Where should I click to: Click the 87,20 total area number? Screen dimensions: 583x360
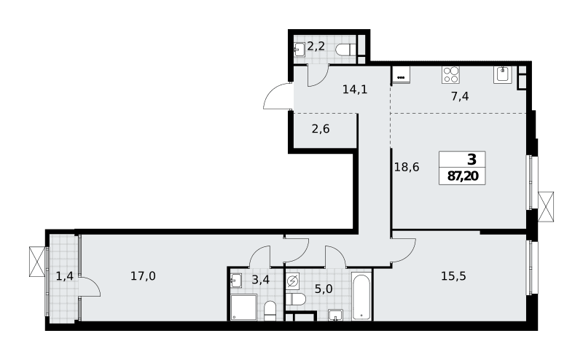[463, 176]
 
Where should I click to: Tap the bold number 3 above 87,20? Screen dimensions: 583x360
[472, 160]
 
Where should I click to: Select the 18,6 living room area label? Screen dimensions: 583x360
[407, 168]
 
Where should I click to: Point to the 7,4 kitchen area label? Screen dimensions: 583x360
[460, 97]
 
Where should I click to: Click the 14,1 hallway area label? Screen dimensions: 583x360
[355, 89]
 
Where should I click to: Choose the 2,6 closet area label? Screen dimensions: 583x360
[321, 129]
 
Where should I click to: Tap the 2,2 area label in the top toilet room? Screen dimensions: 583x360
[316, 47]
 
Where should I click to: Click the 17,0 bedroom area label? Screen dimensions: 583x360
[143, 276]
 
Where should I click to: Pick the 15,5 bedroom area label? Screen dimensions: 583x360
[453, 276]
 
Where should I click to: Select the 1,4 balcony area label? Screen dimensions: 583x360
[65, 276]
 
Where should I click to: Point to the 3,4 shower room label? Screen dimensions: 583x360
[261, 279]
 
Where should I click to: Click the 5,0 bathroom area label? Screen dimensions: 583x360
[324, 289]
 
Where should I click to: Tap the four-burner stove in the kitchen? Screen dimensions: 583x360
[450, 75]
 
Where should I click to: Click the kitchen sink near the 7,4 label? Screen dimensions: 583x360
[503, 74]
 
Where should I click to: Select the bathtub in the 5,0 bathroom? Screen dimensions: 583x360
[361, 297]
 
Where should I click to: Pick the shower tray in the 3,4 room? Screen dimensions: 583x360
[243, 308]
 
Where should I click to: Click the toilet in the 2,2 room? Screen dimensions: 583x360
[345, 50]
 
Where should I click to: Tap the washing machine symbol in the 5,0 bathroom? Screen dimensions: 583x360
[293, 281]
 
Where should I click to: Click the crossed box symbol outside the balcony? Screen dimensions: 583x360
[37, 262]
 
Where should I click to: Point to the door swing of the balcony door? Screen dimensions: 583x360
[94, 283]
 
